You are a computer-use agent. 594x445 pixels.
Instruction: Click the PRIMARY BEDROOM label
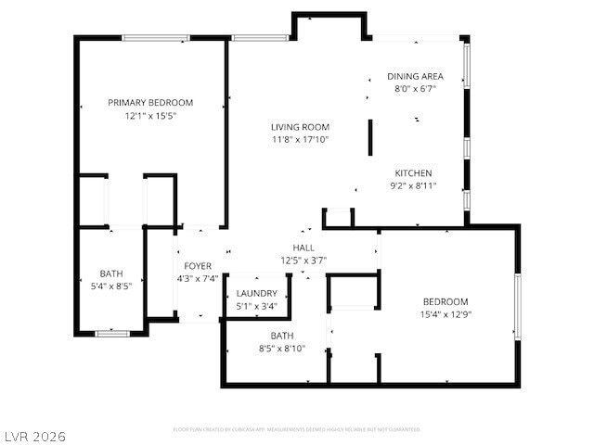click(x=150, y=103)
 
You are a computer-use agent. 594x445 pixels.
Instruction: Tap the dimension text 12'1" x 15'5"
click(x=150, y=117)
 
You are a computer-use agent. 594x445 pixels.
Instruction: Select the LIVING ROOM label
click(x=300, y=127)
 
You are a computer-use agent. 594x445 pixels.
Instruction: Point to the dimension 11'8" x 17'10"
click(x=300, y=140)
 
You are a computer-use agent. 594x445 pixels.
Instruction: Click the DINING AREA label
click(x=415, y=77)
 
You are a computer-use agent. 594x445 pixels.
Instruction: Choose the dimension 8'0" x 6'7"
click(x=415, y=90)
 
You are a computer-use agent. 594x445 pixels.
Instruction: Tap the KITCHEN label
click(x=413, y=173)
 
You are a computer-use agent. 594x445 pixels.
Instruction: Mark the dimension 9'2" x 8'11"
click(x=413, y=186)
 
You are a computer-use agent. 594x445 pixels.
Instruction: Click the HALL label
click(x=303, y=248)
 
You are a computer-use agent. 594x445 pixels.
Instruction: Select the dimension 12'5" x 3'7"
click(x=303, y=261)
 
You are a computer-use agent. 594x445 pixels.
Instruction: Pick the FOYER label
click(x=197, y=266)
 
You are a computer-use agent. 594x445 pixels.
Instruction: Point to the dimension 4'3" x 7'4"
click(x=197, y=279)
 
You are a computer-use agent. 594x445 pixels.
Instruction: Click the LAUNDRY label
click(x=256, y=293)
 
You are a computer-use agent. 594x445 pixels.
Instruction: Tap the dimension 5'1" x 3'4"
click(x=256, y=306)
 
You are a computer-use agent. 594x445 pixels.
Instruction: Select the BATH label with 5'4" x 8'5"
click(x=111, y=273)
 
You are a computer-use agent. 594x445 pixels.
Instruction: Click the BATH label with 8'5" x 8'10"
click(x=281, y=336)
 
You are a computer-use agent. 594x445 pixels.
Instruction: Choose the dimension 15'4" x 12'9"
click(x=445, y=315)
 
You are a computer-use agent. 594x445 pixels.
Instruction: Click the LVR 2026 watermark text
click(x=34, y=436)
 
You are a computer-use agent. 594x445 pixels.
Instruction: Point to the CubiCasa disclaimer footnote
click(x=297, y=429)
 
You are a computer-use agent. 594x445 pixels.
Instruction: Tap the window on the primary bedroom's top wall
click(x=151, y=38)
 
